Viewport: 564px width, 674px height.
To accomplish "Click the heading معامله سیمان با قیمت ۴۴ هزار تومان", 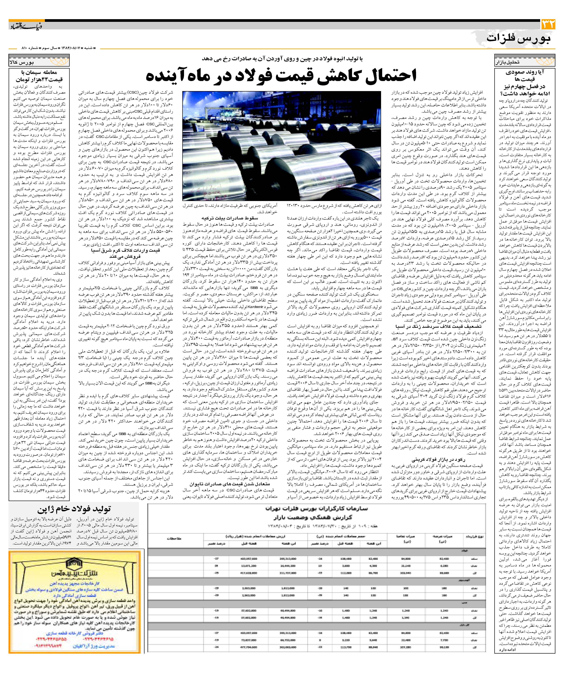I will click(39, 76).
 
